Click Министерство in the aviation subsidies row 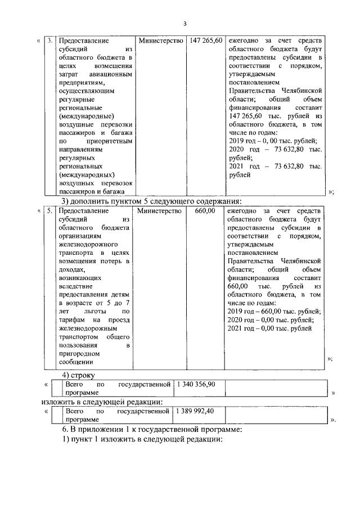pyautogui.click(x=161, y=41)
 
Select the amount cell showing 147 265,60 pyautogui.click(x=206, y=41)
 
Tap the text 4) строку pyautogui.click(x=79, y=375)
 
